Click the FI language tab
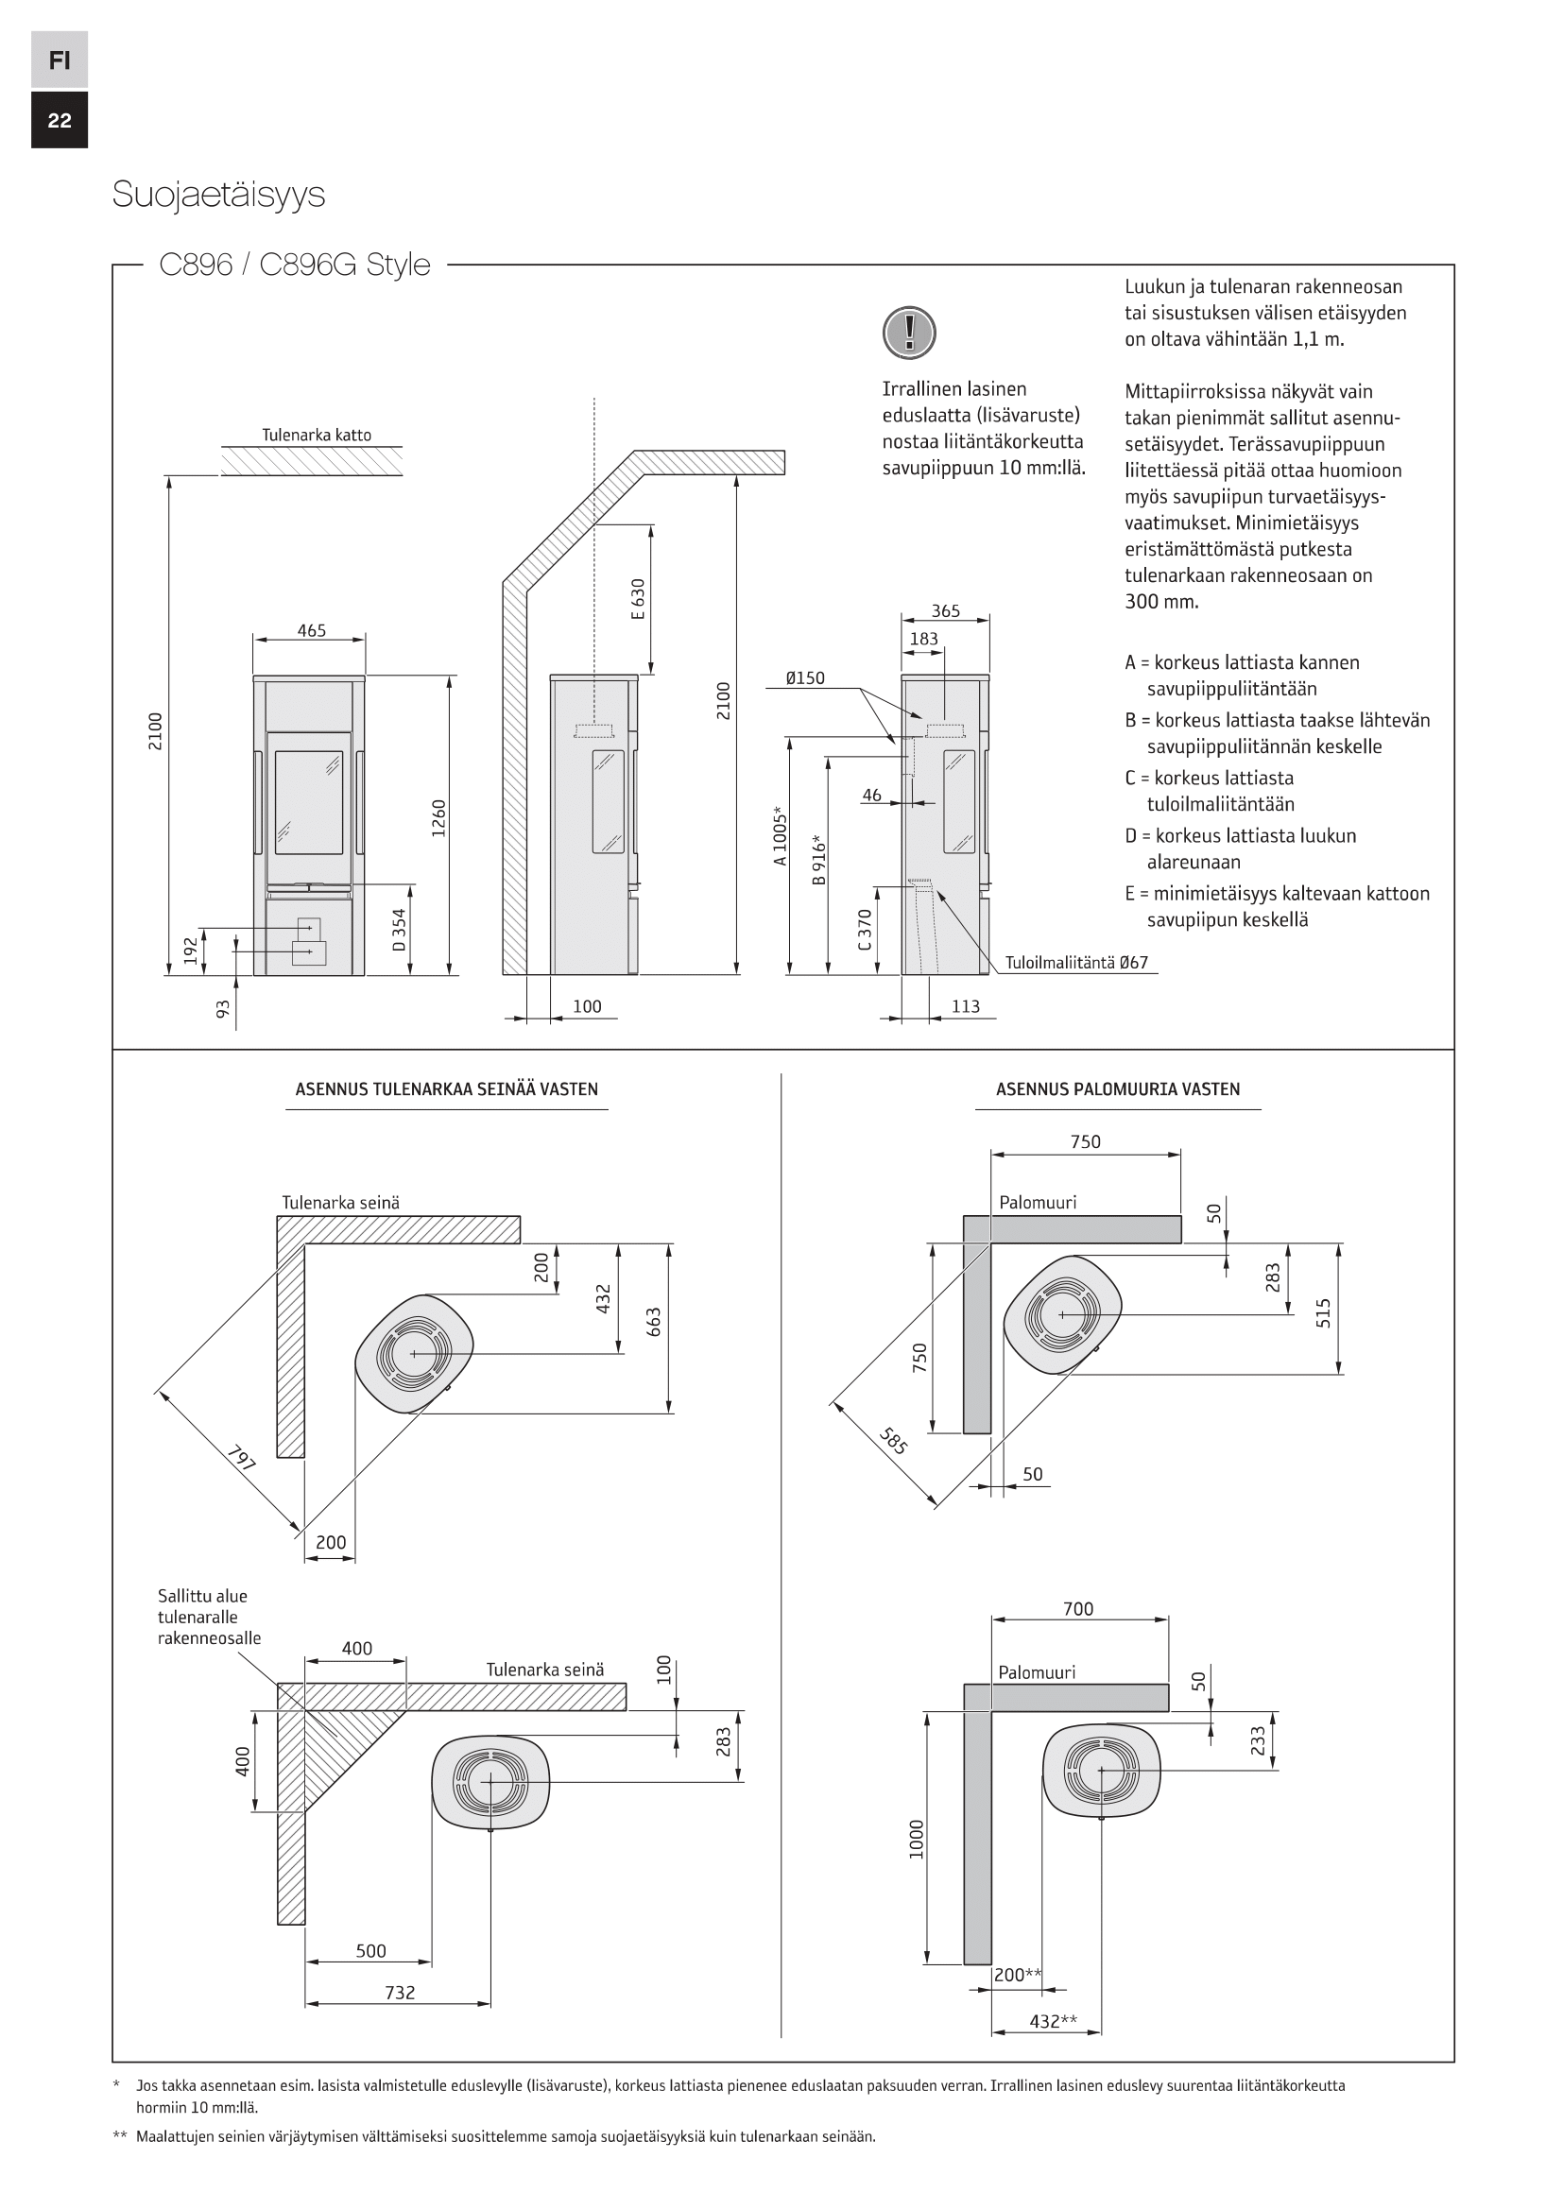coord(60,60)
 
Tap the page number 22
coord(60,120)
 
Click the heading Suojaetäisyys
coord(218,195)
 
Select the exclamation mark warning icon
coord(908,333)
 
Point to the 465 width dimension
coord(311,631)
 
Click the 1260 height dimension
coord(438,818)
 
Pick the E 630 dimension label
coord(638,598)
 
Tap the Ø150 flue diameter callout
coord(804,678)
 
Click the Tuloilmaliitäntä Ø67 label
coord(1076,963)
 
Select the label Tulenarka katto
coord(317,435)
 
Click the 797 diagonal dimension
coord(242,1458)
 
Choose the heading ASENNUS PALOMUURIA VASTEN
coord(1117,1089)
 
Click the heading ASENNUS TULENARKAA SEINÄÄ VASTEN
coord(447,1089)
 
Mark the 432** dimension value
coord(1053,2021)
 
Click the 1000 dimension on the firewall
coord(917,1840)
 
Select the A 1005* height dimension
coord(781,835)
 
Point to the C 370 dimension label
coord(865,930)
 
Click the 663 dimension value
coord(655,1328)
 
